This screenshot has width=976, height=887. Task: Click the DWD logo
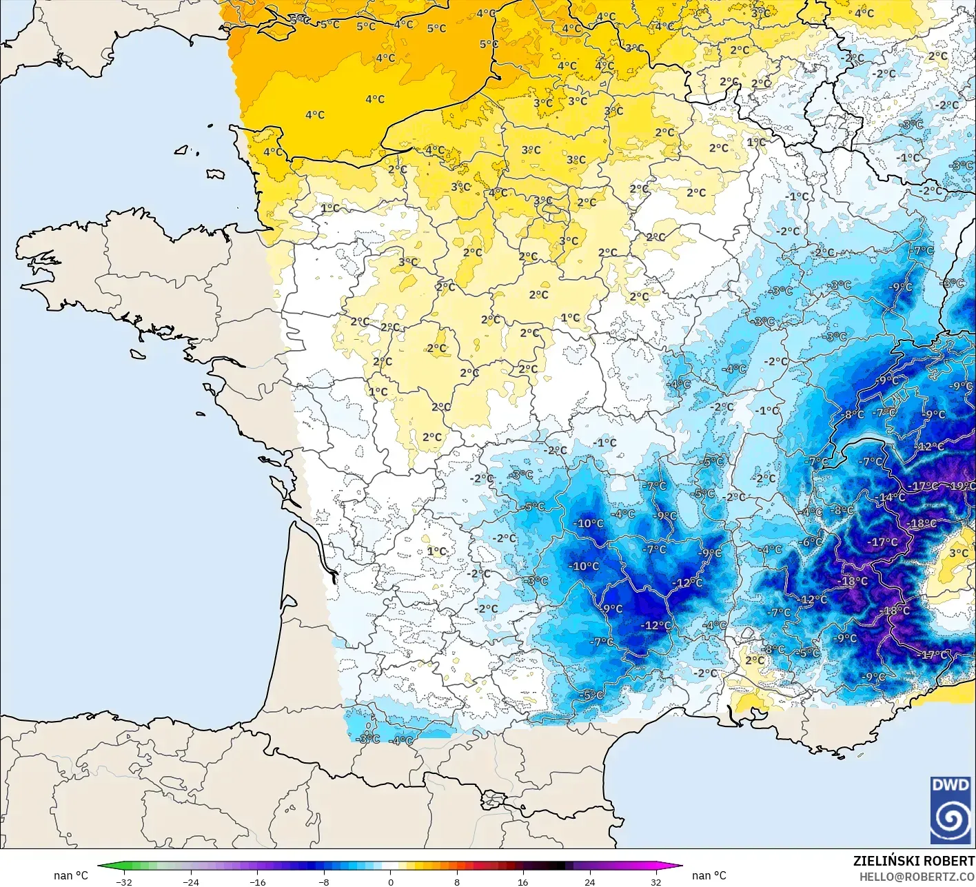(x=950, y=810)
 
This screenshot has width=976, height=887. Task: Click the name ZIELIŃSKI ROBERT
(x=914, y=861)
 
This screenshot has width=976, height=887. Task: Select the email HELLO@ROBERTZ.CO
(x=917, y=877)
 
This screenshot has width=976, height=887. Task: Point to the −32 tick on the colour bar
(x=124, y=881)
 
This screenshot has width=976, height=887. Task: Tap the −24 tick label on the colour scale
(x=191, y=881)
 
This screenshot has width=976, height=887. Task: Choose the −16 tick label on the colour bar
(x=257, y=881)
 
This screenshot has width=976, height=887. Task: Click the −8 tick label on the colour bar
(x=324, y=881)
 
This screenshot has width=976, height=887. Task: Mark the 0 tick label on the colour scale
(x=390, y=881)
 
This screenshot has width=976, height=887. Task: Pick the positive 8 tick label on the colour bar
(x=457, y=881)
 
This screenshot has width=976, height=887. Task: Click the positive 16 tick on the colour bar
(x=523, y=881)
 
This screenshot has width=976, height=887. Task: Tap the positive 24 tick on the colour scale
(x=589, y=881)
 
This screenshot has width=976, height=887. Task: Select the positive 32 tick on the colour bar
(x=655, y=881)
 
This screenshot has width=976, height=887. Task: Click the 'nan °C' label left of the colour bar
(x=71, y=875)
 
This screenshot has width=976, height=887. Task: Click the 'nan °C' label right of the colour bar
(x=709, y=875)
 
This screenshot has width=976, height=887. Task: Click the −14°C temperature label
(x=891, y=497)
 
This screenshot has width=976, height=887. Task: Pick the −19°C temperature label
(x=962, y=486)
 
